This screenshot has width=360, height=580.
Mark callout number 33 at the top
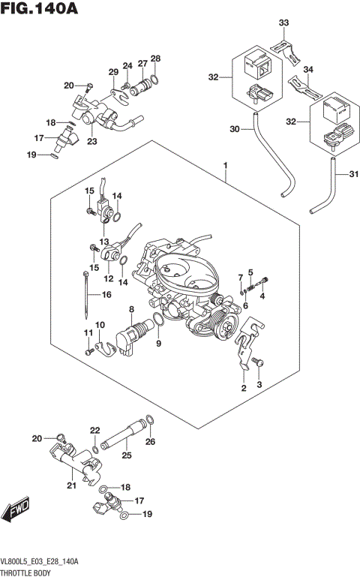pos(283,24)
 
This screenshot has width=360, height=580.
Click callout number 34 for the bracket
pos(307,69)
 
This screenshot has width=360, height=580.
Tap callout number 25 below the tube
pos(126,455)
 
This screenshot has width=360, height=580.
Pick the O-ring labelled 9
pos(160,323)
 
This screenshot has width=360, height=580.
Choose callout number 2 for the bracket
pos(243,389)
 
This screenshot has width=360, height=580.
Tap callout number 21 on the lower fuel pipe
pos(72,485)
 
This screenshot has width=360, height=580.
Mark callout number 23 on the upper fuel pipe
pos(92,140)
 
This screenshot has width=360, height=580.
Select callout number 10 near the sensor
pos(100,325)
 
